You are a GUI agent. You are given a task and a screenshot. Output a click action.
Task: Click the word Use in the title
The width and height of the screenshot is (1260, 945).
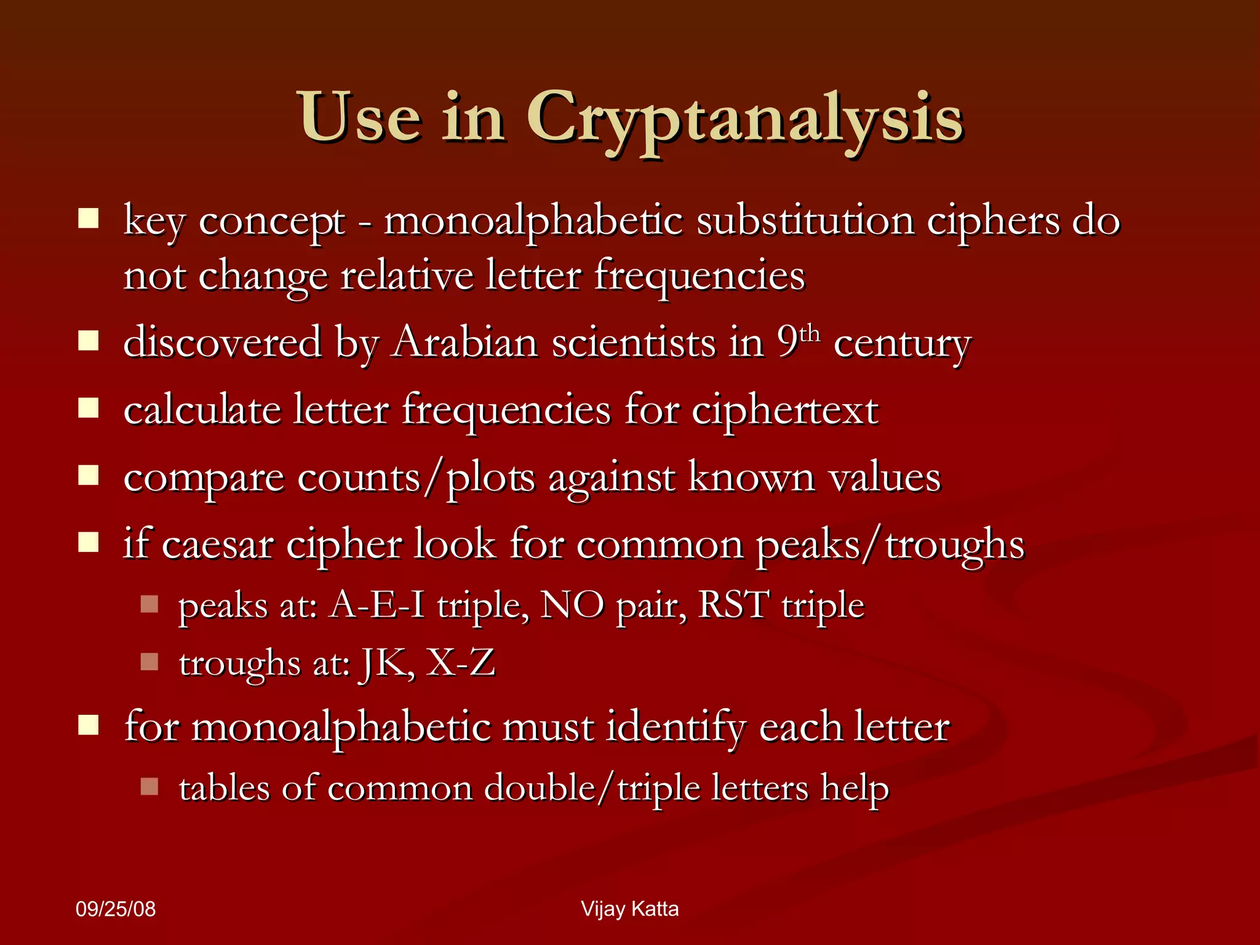[x=361, y=117]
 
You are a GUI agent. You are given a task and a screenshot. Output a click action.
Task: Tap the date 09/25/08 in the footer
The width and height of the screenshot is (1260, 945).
[x=116, y=909]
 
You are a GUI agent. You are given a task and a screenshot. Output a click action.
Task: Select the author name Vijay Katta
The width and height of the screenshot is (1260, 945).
[x=629, y=909]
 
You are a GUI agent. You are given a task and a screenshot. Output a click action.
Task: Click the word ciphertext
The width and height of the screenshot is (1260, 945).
[x=784, y=410]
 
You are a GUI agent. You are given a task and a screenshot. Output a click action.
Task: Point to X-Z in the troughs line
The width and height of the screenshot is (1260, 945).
[x=461, y=663]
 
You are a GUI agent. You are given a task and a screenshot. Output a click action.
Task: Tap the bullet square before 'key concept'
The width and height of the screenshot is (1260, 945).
[x=89, y=218]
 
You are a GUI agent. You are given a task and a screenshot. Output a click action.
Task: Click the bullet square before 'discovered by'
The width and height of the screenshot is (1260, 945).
[x=89, y=341]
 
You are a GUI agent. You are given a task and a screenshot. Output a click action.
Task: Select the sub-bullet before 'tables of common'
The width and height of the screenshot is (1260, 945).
[x=150, y=786]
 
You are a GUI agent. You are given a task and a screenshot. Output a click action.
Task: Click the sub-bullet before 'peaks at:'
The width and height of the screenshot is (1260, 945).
[x=150, y=604]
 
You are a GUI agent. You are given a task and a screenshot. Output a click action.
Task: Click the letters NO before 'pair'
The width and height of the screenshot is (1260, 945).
[x=572, y=605]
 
